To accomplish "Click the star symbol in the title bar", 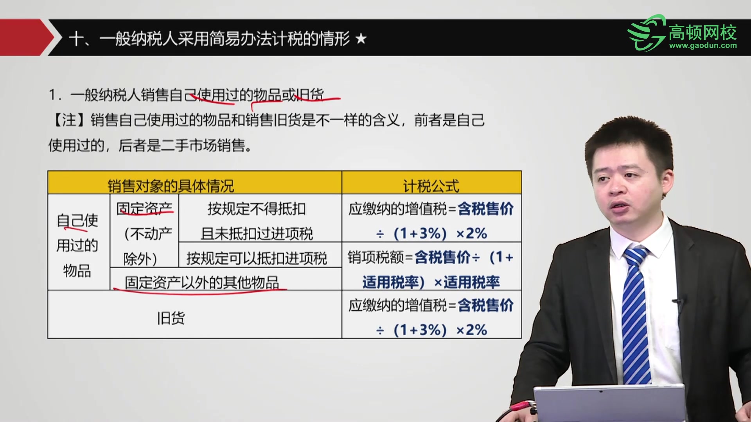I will coord(361,39).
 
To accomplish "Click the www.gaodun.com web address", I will coord(703,46).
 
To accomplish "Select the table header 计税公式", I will coord(431,186).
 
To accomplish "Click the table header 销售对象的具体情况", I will coord(171,186).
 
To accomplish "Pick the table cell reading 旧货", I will coord(171,318).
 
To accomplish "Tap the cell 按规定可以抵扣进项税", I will coord(257,258).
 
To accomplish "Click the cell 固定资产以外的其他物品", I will coord(202,282).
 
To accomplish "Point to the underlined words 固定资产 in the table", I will coord(144,209).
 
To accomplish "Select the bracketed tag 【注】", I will coord(69,120).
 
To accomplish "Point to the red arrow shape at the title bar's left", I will coord(25,38).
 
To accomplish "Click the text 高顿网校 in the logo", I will coord(702,32).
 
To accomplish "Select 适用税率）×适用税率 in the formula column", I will coord(431,282).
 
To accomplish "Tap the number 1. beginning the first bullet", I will coord(55,95).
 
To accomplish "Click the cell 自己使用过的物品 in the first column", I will coord(77,245).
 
